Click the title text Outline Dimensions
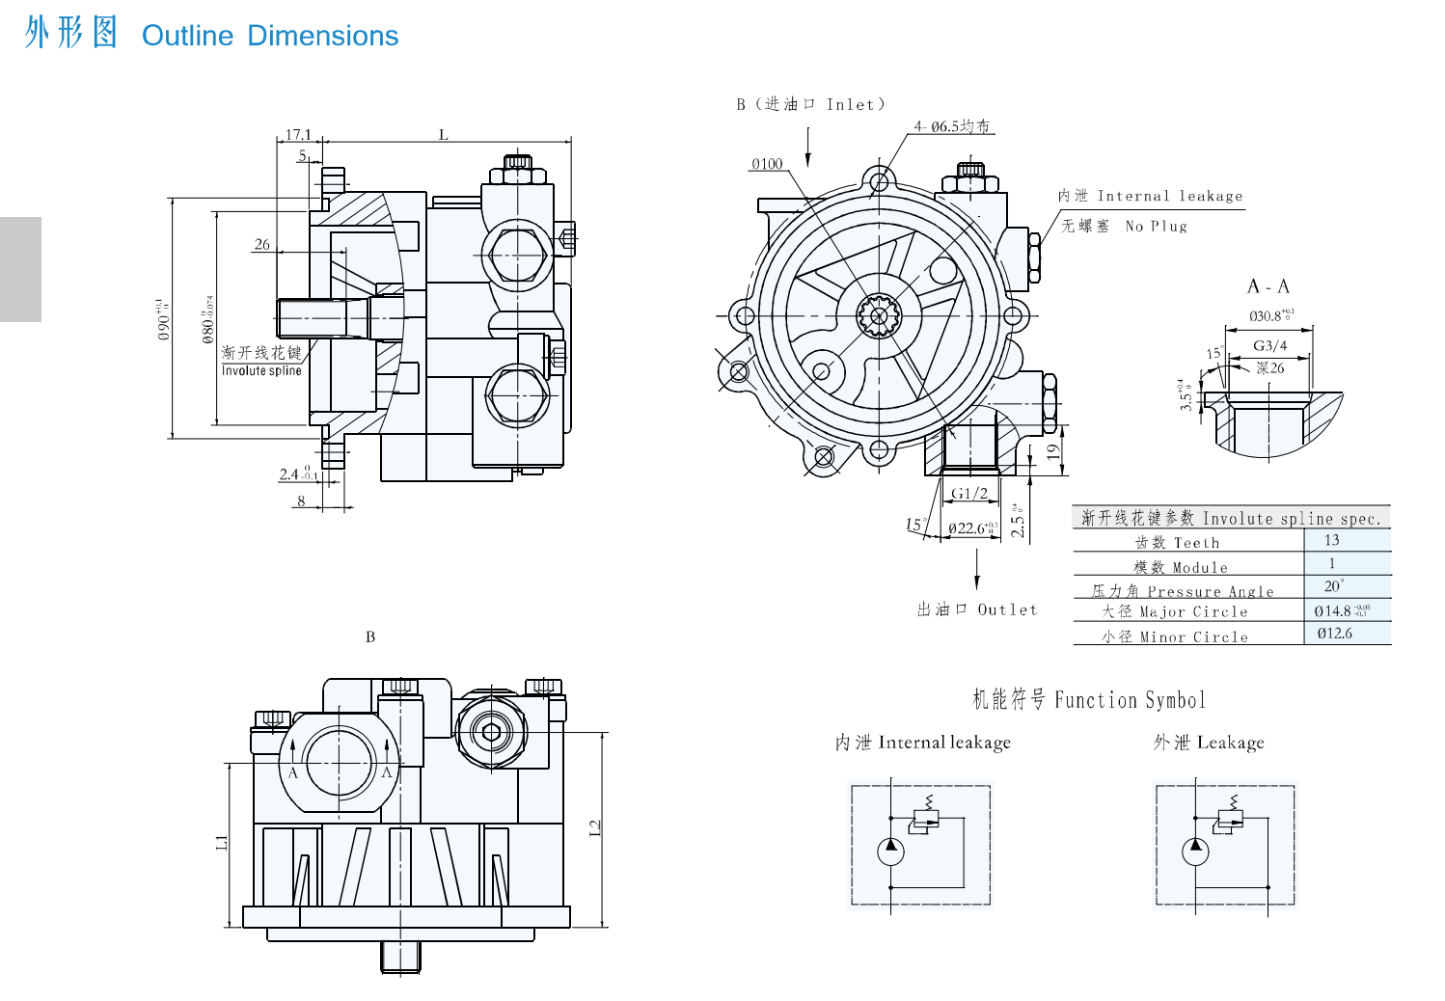tap(269, 36)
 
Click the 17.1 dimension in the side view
tap(298, 135)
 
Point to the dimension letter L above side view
tap(444, 135)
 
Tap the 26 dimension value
tap(262, 245)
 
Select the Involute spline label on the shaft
tap(261, 370)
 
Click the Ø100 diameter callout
tap(767, 164)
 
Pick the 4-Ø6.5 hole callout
tap(952, 126)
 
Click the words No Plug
tap(1156, 227)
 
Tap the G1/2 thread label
tap(969, 494)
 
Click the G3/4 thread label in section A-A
tap(1269, 345)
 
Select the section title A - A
tap(1268, 286)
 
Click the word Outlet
tap(1007, 609)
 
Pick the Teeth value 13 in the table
tap(1332, 540)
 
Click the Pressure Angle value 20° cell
tap(1334, 586)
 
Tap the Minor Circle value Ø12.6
tap(1335, 634)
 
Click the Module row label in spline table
tap(1181, 567)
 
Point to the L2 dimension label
tap(595, 827)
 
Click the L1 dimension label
tap(222, 843)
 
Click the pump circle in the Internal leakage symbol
tap(890, 851)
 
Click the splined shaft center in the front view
tap(878, 315)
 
